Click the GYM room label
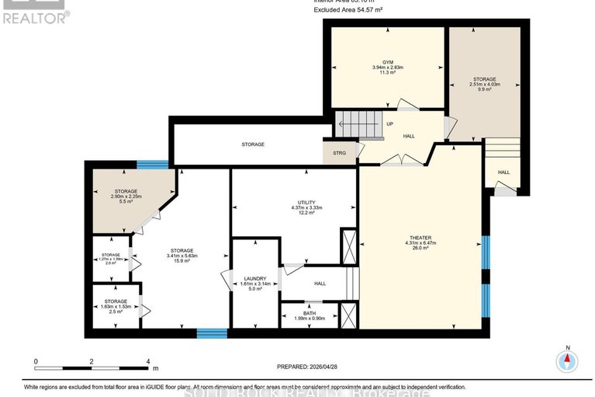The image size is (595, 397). click(x=387, y=61)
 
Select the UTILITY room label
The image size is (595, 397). click(x=295, y=200)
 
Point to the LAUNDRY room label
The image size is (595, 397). click(x=255, y=278)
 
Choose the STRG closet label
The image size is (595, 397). click(x=340, y=152)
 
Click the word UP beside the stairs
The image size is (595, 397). click(x=389, y=124)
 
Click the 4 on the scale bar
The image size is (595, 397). click(x=147, y=361)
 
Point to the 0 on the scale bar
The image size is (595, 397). click(x=36, y=361)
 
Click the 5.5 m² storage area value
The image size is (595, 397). click(x=126, y=202)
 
